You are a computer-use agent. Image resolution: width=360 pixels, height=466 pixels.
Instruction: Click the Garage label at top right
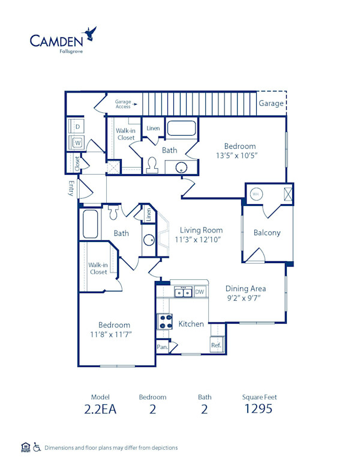tap(271, 103)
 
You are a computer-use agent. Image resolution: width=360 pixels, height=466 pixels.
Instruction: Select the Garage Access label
tap(123, 104)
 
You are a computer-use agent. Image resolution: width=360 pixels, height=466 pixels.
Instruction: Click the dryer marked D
tap(77, 127)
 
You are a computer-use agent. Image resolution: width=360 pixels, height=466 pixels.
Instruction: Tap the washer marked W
tap(77, 143)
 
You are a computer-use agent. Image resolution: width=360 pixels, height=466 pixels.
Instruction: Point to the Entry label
tap(71, 189)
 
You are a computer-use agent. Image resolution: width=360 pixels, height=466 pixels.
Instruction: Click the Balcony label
tap(267, 233)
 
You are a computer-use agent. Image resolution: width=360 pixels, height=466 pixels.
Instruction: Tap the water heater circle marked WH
tap(255, 194)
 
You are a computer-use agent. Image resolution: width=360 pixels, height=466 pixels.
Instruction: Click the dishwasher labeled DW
tap(200, 292)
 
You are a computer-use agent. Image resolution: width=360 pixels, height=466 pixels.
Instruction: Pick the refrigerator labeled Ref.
tap(216, 345)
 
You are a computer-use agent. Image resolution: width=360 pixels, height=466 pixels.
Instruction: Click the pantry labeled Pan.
tap(161, 347)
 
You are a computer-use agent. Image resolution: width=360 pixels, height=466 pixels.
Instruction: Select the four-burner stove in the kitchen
tap(164, 322)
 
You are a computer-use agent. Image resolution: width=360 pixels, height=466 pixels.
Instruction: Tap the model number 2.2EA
tap(101, 410)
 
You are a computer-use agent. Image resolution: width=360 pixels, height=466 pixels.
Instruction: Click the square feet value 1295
tap(259, 410)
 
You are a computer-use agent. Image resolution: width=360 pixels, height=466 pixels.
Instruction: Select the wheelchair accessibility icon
tap(37, 447)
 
